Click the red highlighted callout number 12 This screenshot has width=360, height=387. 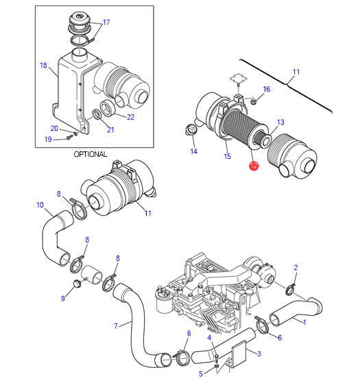254,166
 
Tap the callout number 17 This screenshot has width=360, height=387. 106,23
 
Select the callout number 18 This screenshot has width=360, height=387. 43,65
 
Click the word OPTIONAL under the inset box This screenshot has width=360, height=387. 91,154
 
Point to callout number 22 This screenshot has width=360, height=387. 130,117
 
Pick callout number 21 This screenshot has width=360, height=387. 110,130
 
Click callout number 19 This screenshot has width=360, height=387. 48,140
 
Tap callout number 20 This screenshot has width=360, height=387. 54,128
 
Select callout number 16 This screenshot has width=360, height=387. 267,89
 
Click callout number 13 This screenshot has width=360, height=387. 280,122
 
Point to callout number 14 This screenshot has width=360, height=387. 193,151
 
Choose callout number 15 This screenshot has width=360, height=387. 228,156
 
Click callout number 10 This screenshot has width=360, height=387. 40,205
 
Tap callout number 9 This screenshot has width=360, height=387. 63,299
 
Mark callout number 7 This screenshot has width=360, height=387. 116,326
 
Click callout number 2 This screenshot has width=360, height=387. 296,268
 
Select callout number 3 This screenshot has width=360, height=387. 259,354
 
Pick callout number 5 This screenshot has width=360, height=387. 201,374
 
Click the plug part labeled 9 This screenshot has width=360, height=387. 77,284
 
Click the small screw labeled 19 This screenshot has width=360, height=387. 69,137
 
